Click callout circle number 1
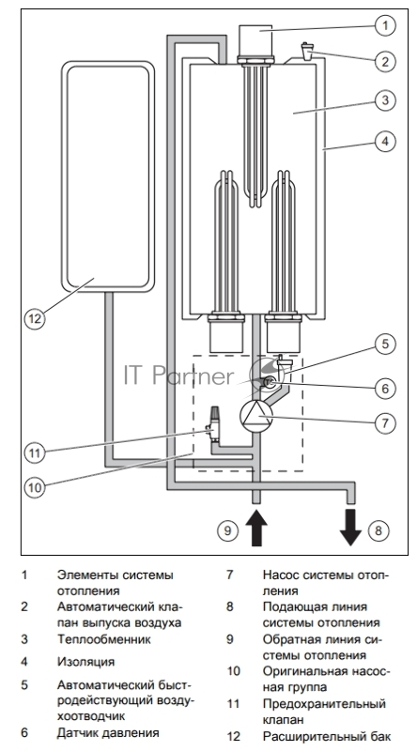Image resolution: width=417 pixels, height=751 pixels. tap(385, 25)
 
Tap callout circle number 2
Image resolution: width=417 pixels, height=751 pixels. tap(385, 61)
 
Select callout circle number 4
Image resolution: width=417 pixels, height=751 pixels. tap(385, 142)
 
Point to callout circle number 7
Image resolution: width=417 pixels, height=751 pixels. tap(385, 423)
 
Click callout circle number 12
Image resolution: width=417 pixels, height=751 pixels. tap(35, 318)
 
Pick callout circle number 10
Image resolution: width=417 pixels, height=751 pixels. tap(35, 487)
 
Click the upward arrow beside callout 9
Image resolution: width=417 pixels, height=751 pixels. tap(256, 528)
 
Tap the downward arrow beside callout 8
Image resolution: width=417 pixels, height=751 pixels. tap(350, 528)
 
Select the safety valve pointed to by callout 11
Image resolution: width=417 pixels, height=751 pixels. tap(214, 424)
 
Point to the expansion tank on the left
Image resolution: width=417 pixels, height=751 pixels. tap(108, 176)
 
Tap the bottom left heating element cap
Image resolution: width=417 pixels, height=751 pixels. tap(226, 334)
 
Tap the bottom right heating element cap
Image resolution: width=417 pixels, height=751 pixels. tap(284, 334)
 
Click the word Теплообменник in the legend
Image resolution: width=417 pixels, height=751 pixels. tap(103, 639)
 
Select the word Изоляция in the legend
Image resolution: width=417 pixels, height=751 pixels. tap(85, 662)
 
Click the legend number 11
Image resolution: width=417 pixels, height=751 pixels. tap(233, 703)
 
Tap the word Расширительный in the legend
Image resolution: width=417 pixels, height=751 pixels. tap(309, 736)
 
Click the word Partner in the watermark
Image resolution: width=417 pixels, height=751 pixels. tap(193, 376)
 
